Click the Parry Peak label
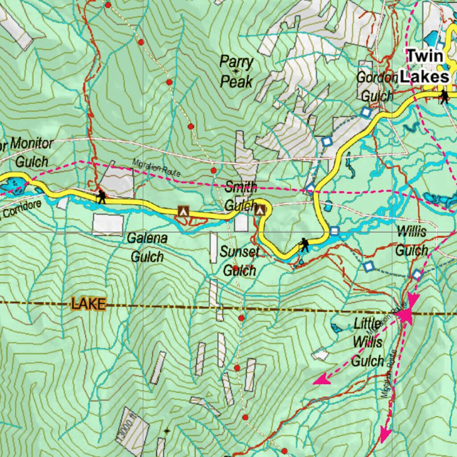(236, 72)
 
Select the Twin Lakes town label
(424, 66)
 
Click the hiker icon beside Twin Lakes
(444, 96)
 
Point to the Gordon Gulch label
(377, 87)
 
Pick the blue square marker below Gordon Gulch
(366, 112)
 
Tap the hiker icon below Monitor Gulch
(102, 196)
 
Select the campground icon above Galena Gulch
(182, 211)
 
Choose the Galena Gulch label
(147, 248)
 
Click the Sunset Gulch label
(240, 261)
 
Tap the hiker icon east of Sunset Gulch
(304, 244)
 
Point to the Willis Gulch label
(411, 241)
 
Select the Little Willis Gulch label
(368, 342)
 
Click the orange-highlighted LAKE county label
(89, 304)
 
